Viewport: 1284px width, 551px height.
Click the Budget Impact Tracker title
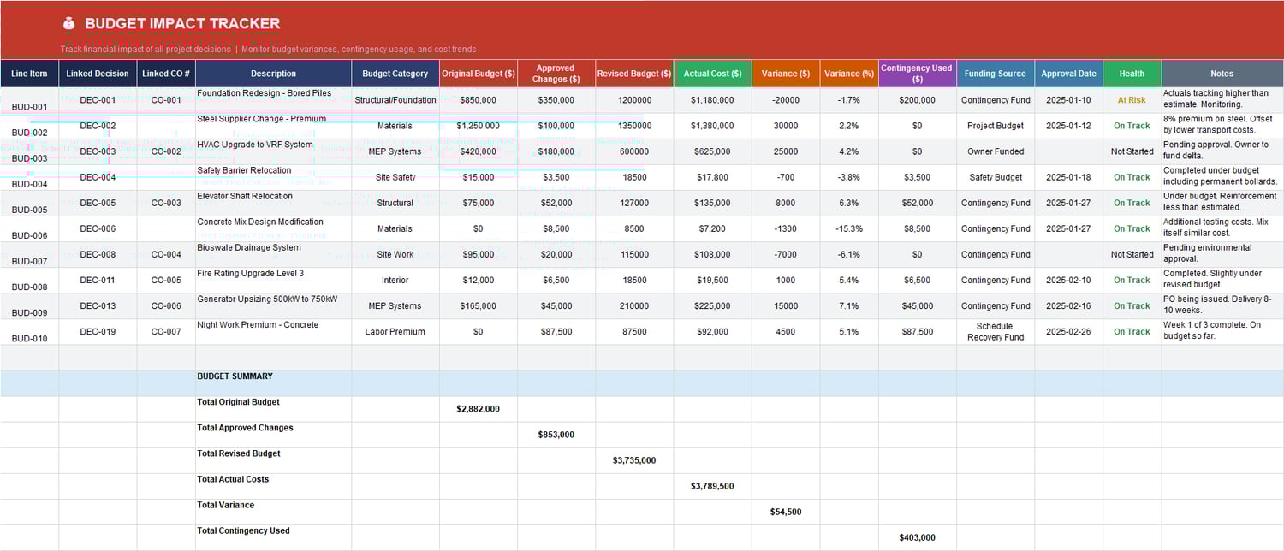[182, 24]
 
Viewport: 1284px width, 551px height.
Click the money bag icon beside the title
[68, 24]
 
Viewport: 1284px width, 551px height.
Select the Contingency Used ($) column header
[917, 74]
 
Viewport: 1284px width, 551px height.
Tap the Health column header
[1132, 74]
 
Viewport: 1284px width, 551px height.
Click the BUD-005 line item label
[30, 210]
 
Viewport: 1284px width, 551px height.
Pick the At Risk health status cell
[1132, 100]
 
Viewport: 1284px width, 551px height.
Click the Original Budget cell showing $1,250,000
[478, 126]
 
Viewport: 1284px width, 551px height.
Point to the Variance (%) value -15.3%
[849, 228]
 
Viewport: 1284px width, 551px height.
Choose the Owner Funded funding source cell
[996, 151]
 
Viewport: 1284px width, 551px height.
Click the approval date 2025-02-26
[1068, 331]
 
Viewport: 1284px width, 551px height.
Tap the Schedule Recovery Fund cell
[996, 331]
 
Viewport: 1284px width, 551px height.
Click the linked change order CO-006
[166, 305]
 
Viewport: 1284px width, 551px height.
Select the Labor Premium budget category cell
[395, 331]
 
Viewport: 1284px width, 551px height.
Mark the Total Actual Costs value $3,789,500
[712, 486]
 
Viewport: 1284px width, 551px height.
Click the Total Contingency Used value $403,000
[917, 537]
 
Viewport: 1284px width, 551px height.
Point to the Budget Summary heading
[235, 376]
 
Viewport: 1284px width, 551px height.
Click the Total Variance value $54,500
[785, 512]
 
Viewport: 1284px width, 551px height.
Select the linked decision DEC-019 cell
[98, 331]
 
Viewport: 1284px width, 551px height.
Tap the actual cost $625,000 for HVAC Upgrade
[712, 151]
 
